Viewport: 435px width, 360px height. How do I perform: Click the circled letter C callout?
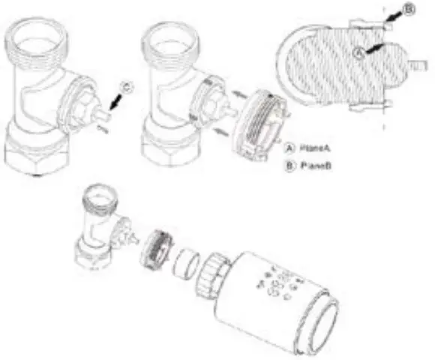(x=126, y=88)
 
